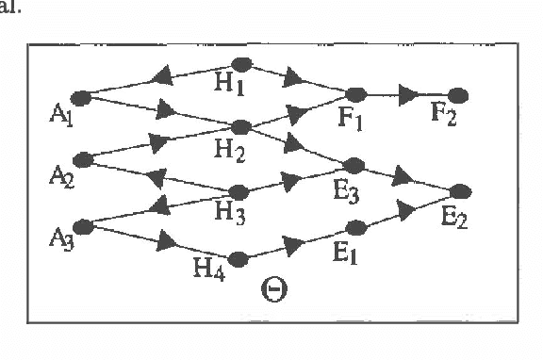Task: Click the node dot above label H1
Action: [241, 64]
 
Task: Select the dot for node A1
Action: [81, 96]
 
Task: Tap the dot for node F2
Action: [458, 95]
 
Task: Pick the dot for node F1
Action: [356, 94]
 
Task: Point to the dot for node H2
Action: [240, 127]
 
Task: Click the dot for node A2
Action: [81, 158]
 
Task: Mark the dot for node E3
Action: [356, 164]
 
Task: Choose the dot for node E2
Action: [460, 191]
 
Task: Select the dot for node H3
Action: [239, 192]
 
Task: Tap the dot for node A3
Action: [82, 225]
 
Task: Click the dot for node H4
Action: [239, 257]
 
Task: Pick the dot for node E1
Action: [356, 227]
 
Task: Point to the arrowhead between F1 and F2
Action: [407, 95]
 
